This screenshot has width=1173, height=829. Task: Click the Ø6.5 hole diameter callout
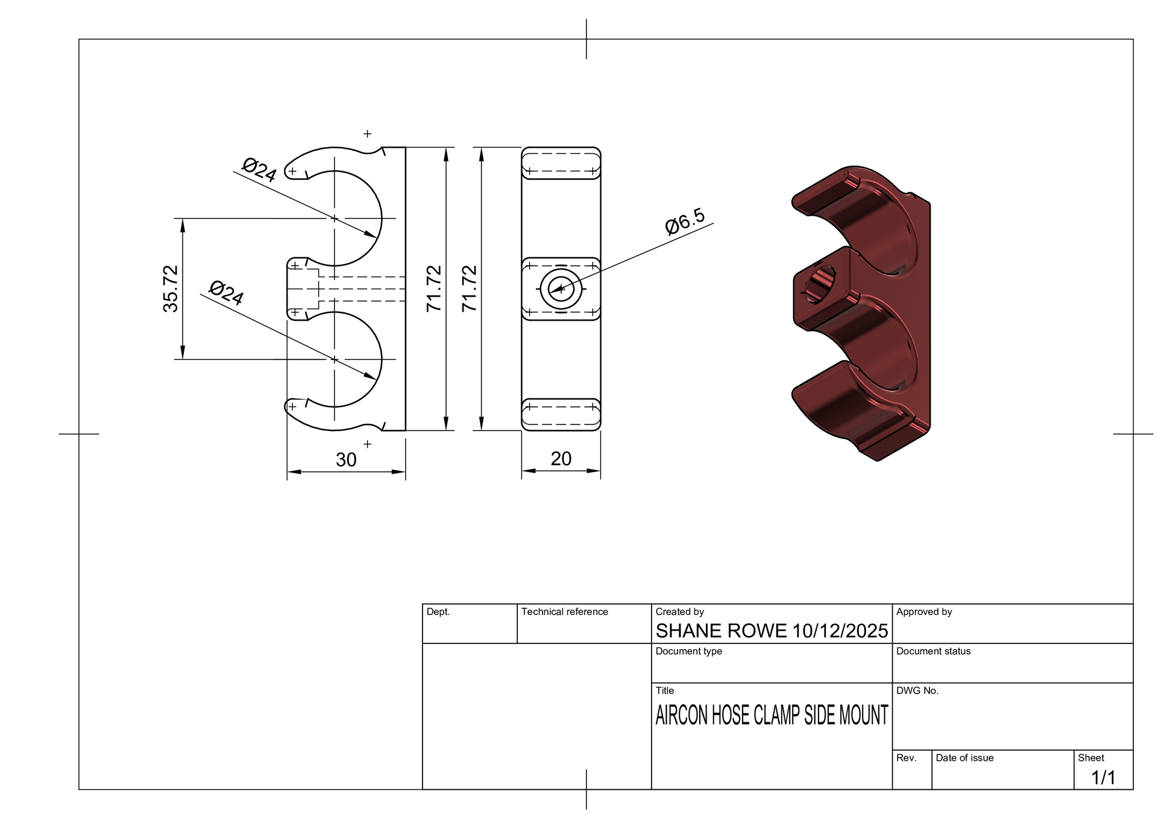[x=685, y=221]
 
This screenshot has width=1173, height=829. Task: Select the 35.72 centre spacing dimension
[x=171, y=289]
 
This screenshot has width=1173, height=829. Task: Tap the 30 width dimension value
[x=346, y=460]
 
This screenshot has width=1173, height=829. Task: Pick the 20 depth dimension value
[x=561, y=459]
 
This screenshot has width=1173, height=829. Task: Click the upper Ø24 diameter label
[x=259, y=169]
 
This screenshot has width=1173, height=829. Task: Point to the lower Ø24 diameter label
[x=226, y=293]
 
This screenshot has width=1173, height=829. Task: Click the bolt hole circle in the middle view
[x=561, y=289]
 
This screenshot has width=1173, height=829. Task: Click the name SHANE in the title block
[x=687, y=631]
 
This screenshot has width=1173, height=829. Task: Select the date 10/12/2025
[x=840, y=631]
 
